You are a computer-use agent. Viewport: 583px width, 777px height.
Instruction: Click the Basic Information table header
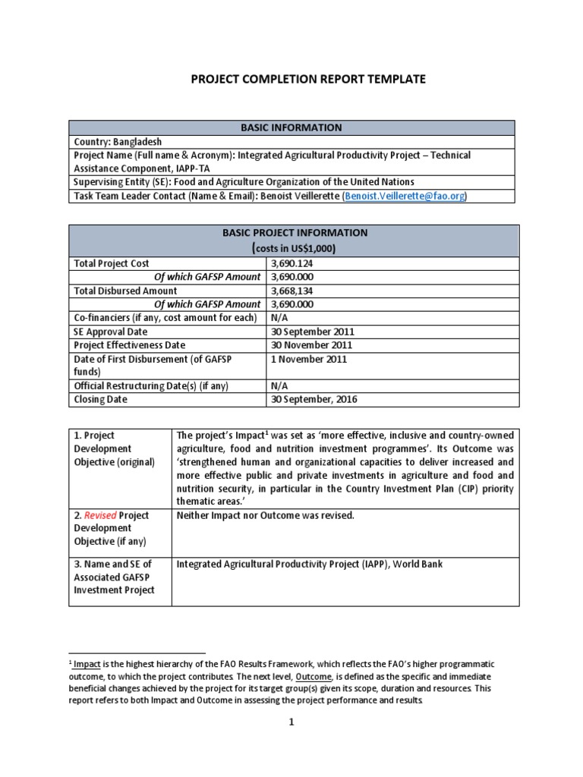click(291, 127)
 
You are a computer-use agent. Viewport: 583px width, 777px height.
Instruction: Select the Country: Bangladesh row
click(118, 141)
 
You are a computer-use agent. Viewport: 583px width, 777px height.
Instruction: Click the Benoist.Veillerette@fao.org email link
click(406, 196)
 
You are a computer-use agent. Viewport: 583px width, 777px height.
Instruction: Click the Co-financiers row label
click(165, 318)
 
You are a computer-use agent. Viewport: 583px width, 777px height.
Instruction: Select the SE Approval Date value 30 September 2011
click(312, 332)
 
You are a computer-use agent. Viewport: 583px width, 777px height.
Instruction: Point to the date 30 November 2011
click(311, 345)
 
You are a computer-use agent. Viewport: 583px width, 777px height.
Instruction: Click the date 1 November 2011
click(308, 359)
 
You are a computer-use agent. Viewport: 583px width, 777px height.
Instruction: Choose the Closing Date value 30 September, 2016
click(314, 399)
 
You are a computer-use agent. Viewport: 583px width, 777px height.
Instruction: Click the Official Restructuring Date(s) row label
click(151, 385)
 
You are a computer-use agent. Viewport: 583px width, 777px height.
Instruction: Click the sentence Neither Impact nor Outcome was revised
click(265, 515)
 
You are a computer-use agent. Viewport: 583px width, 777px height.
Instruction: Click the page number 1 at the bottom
click(291, 743)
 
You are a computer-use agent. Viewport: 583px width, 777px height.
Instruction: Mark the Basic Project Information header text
click(295, 233)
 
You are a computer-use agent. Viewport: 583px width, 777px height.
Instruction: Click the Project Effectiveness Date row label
click(128, 345)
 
